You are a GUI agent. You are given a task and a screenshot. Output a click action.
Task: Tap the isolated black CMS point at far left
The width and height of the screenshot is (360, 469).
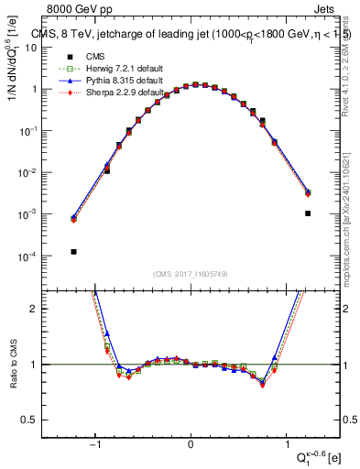(x=73, y=252)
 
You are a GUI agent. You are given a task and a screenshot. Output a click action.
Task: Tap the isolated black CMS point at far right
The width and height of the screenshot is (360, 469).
(x=309, y=213)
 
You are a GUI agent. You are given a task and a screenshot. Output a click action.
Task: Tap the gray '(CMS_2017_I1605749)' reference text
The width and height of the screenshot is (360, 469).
(x=191, y=274)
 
